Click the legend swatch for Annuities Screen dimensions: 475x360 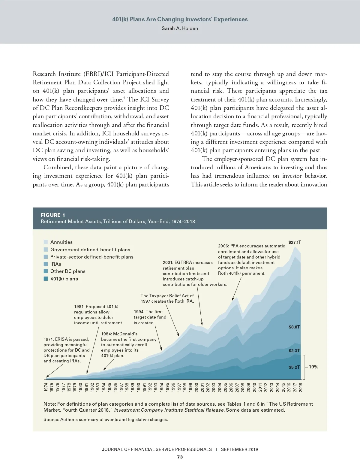click(x=46, y=242)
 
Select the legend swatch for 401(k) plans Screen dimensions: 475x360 click(x=46, y=279)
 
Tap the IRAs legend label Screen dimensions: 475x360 click(x=56, y=264)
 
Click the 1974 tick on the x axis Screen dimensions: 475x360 click(x=46, y=387)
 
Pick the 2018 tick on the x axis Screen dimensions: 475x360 click(x=301, y=387)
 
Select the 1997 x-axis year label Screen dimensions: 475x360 click(x=179, y=387)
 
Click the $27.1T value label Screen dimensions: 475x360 click(x=295, y=242)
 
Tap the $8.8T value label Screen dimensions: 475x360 click(x=294, y=327)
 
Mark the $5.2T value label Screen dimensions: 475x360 click(x=294, y=367)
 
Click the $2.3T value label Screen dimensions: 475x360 click(x=294, y=350)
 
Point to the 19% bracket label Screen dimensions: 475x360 click(x=313, y=367)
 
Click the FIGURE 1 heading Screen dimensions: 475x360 click(x=53, y=215)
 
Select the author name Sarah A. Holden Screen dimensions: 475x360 click(x=180, y=29)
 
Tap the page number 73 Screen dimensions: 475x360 click(x=180, y=457)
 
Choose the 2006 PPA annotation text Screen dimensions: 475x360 click(x=251, y=260)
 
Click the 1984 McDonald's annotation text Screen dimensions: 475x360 click(x=129, y=345)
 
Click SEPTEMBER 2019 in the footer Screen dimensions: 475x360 click(x=239, y=449)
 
